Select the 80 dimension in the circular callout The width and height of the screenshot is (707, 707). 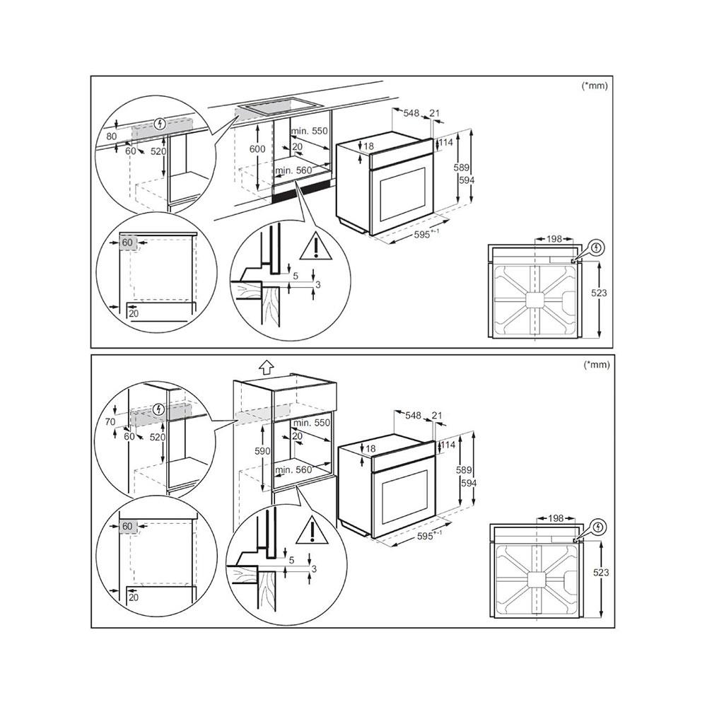110,136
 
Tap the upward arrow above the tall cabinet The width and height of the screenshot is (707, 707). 265,367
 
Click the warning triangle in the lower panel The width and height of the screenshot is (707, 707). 308,531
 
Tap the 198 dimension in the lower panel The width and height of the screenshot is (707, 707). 554,518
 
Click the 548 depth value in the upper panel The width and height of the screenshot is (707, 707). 411,112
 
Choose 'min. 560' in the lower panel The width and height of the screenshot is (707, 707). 293,470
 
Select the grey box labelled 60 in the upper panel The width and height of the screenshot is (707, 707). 127,243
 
